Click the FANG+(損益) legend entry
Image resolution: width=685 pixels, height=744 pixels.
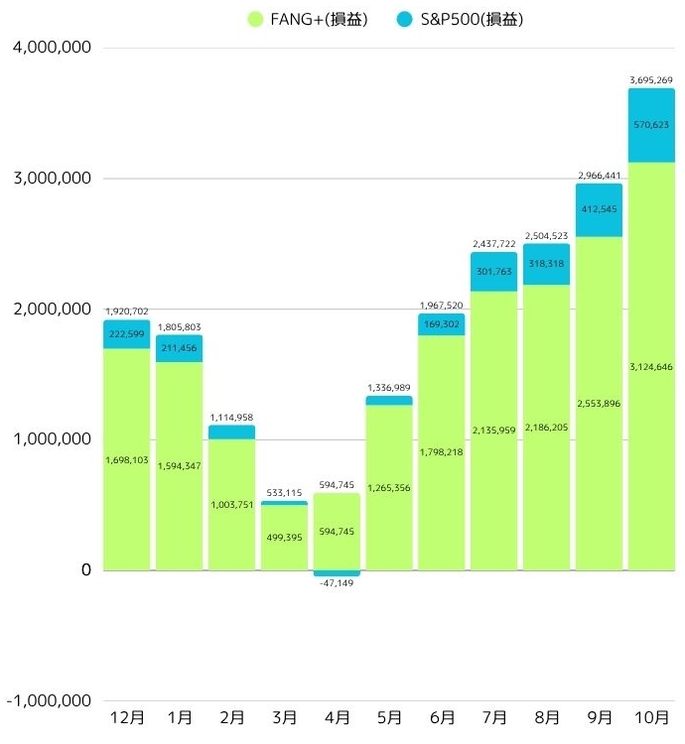(x=307, y=19)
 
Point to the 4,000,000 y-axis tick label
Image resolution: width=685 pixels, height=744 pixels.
(x=51, y=48)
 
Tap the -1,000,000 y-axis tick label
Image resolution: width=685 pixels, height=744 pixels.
(x=49, y=700)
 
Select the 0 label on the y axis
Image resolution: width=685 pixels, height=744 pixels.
(x=85, y=570)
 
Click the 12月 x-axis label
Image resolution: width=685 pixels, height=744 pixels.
(x=127, y=717)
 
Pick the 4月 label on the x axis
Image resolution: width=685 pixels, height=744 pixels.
(x=337, y=717)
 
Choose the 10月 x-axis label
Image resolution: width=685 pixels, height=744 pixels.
(x=651, y=717)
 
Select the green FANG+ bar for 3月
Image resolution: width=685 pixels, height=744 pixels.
(x=284, y=538)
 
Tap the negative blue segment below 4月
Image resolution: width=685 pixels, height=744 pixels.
(x=337, y=573)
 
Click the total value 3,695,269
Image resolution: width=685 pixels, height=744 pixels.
(x=652, y=79)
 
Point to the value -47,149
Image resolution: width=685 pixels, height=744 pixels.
(x=337, y=582)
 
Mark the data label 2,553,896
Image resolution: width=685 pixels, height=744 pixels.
(x=599, y=404)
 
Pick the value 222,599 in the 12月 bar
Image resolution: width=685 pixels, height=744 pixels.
(x=127, y=335)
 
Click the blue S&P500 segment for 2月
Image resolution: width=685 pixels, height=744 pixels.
(x=231, y=433)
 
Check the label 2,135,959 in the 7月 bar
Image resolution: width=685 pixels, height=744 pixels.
(x=494, y=431)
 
